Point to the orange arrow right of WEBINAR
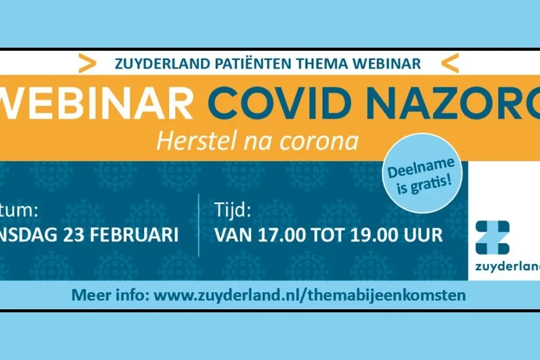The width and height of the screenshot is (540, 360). point(450,63)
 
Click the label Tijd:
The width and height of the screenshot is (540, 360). point(233,210)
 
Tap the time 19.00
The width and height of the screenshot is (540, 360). point(374,235)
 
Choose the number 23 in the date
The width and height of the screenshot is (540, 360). point(66,235)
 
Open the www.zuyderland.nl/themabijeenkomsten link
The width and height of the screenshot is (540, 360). point(310,295)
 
